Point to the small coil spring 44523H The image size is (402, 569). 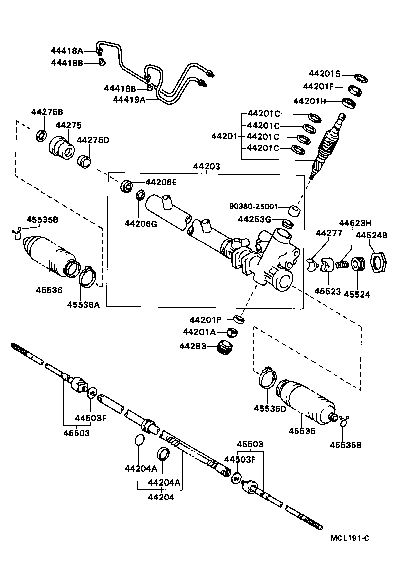point(343,263)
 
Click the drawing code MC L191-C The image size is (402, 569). point(350,538)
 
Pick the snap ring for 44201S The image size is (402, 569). point(360,78)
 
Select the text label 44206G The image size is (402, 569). point(141,224)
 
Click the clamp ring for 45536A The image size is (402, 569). point(87,277)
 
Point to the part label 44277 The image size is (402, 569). point(328,233)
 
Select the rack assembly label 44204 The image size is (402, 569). point(161,497)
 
